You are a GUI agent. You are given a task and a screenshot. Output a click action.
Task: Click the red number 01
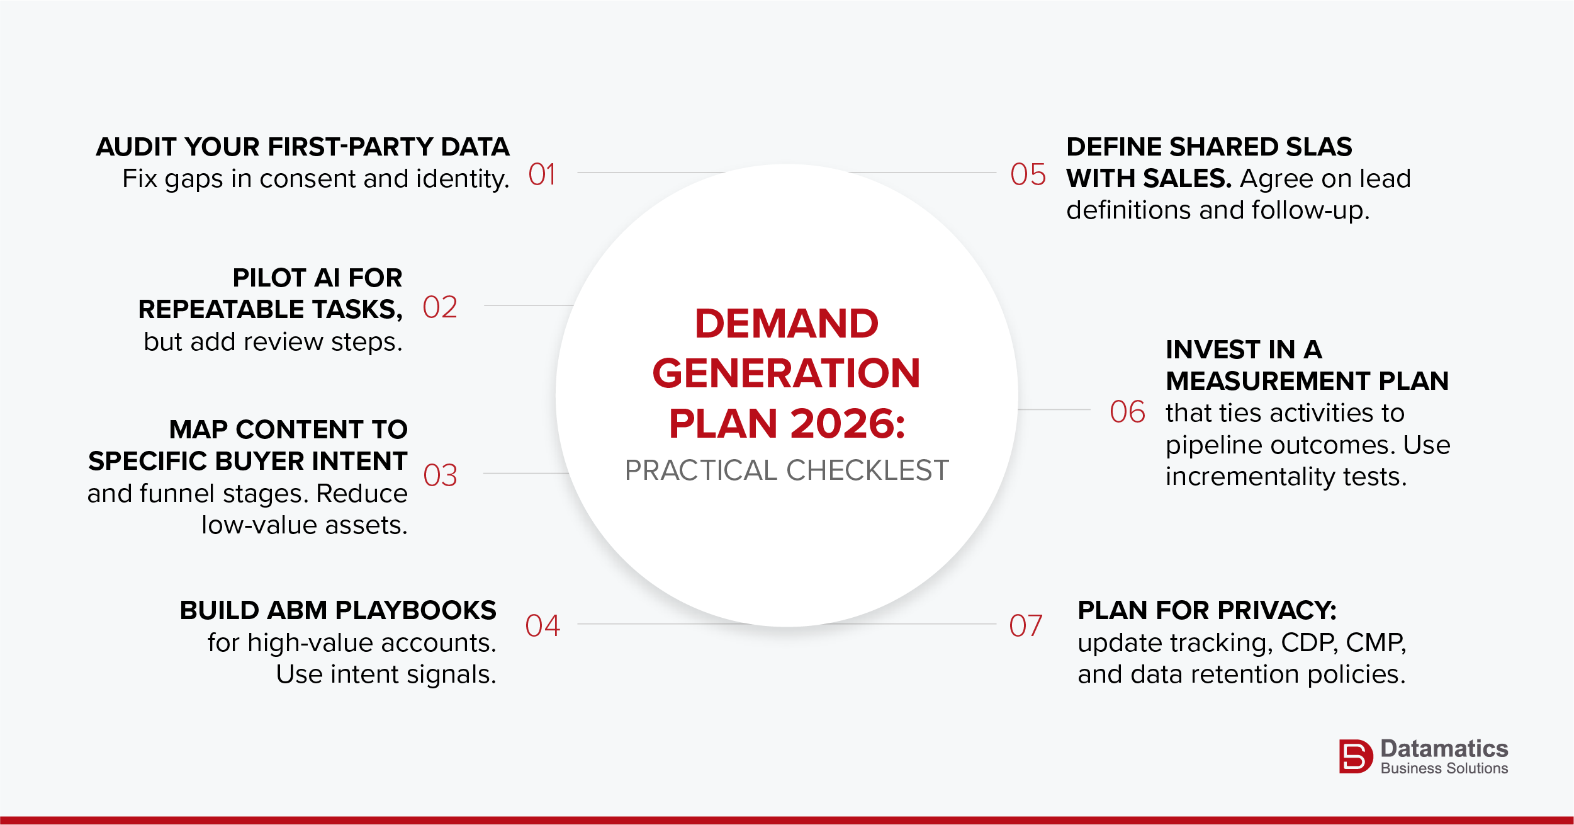pyautogui.click(x=542, y=174)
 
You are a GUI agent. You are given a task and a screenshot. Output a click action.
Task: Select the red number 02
pyautogui.click(x=440, y=307)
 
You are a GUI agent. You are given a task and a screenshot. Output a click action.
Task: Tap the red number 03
pyautogui.click(x=440, y=475)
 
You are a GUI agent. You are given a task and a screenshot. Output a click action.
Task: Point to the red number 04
pyautogui.click(x=542, y=626)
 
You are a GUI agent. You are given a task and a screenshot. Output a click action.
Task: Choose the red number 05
pyautogui.click(x=1028, y=174)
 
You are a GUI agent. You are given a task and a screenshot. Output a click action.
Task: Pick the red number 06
pyautogui.click(x=1127, y=412)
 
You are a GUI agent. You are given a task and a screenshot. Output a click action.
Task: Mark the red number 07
pyautogui.click(x=1026, y=626)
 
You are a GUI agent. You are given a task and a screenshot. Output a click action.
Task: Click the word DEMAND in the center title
pyautogui.click(x=787, y=324)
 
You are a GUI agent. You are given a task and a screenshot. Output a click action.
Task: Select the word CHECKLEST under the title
pyautogui.click(x=867, y=470)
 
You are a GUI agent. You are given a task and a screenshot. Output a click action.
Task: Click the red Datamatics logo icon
pyautogui.click(x=1356, y=756)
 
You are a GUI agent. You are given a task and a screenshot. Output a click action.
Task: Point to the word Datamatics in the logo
pyautogui.click(x=1444, y=749)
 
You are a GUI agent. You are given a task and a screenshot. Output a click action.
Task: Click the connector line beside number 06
pyautogui.click(x=1054, y=409)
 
